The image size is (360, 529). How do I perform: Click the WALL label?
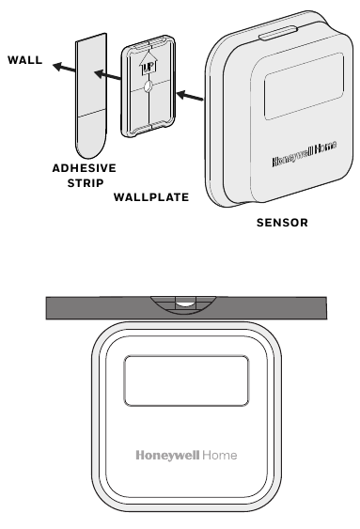pos(25,60)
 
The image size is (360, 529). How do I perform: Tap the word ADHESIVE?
pos(83,168)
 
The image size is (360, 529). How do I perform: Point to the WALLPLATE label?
pos(150,198)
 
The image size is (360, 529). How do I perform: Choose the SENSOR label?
pos(282,224)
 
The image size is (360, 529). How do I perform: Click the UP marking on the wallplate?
pos(148,69)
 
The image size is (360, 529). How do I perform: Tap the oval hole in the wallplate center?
pos(148,90)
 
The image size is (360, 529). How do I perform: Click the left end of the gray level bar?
pos(53,307)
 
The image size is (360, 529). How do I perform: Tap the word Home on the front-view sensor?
pos(221,455)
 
